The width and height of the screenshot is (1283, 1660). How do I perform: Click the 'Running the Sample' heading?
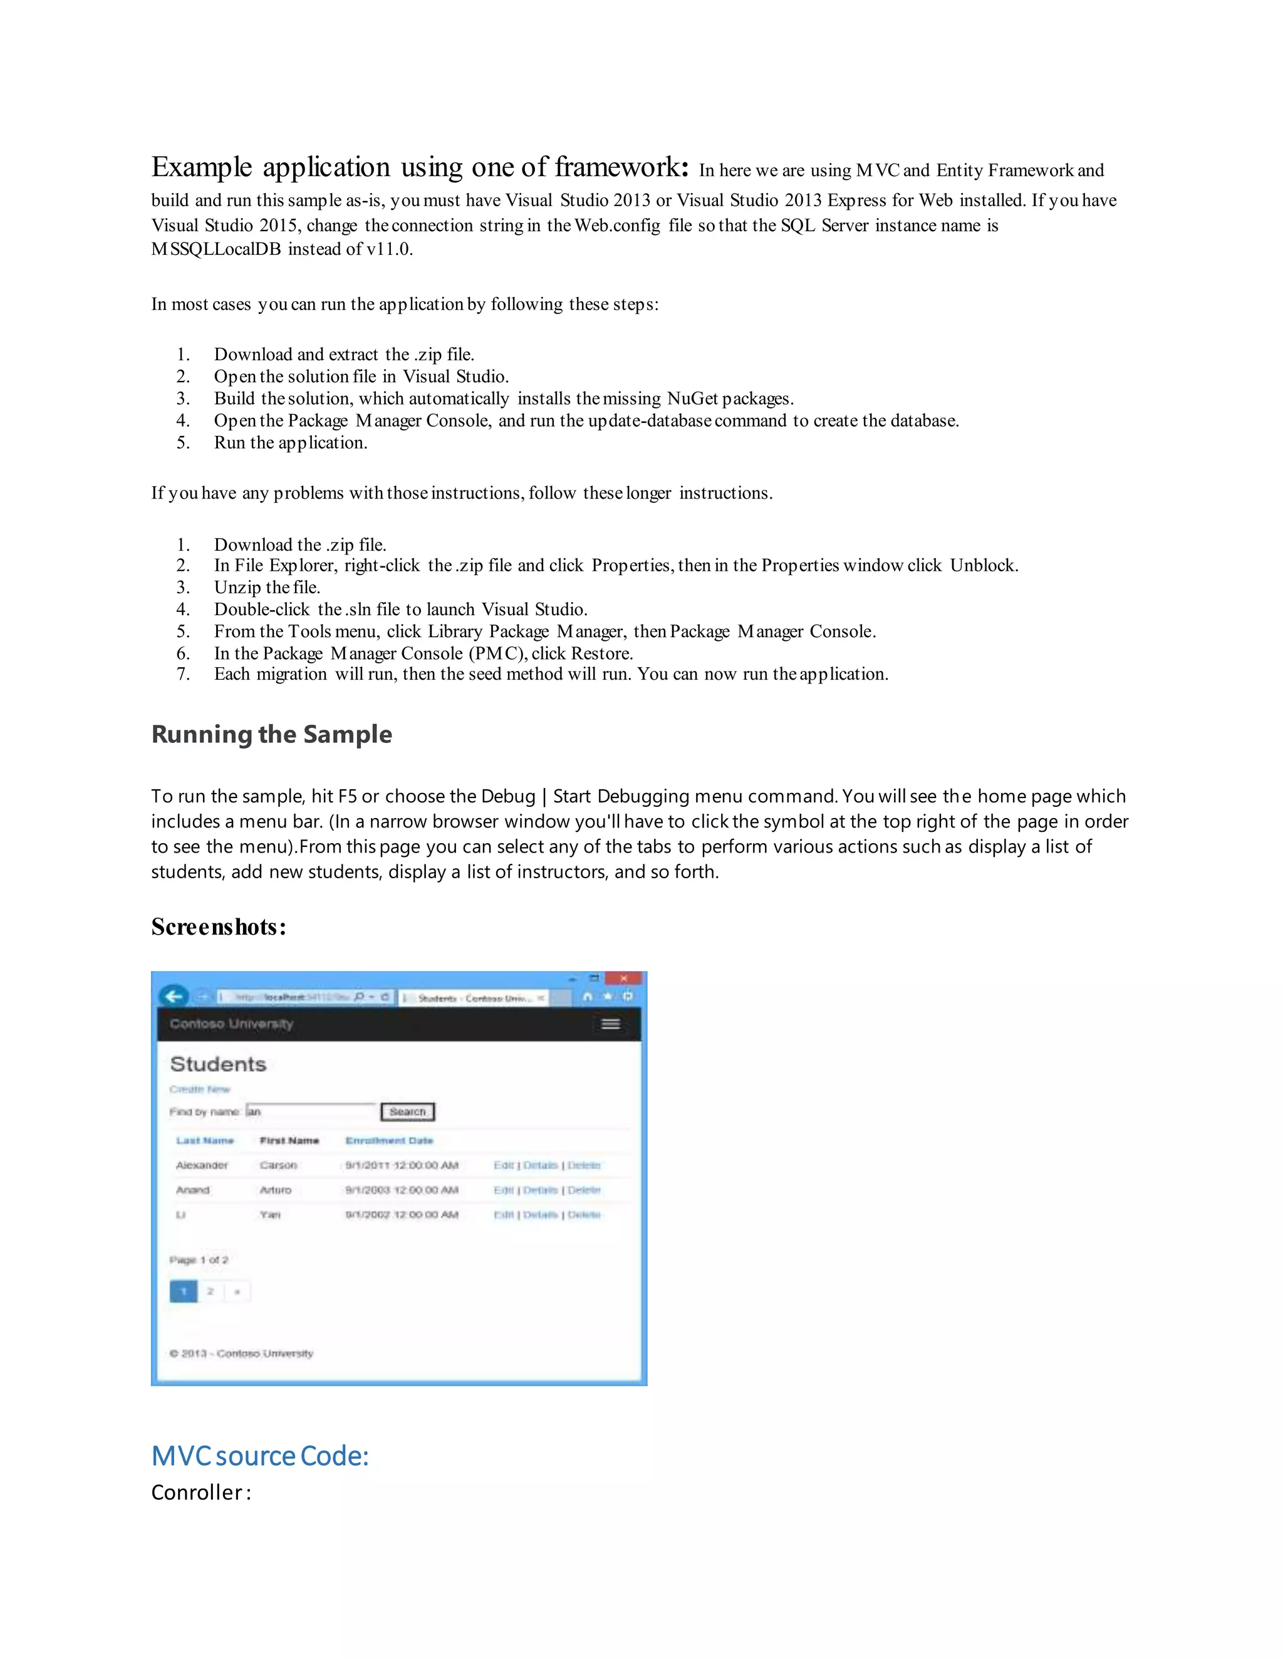pos(271,734)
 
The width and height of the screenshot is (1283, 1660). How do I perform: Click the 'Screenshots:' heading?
pos(218,926)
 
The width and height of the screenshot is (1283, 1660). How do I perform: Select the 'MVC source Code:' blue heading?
pos(260,1456)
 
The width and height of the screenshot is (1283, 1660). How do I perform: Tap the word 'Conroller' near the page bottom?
pos(197,1492)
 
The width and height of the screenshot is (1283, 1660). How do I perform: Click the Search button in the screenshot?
pos(407,1112)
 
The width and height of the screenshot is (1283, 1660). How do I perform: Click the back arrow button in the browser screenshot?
pos(174,997)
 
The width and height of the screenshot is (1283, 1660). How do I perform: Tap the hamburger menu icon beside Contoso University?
pos(610,1024)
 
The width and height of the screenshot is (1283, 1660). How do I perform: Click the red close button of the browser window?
pos(624,978)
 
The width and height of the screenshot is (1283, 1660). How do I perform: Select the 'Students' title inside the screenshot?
pos(218,1064)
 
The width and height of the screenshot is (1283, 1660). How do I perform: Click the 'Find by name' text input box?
pos(310,1111)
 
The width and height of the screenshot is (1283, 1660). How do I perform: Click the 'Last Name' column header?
pos(205,1140)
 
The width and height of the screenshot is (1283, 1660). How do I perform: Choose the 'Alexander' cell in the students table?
pos(202,1165)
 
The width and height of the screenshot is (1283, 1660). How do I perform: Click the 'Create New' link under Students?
pos(199,1089)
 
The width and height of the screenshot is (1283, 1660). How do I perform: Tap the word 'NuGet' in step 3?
pos(692,398)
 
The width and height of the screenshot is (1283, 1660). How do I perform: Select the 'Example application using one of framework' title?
pos(420,167)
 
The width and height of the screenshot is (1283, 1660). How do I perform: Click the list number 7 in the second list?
pos(182,674)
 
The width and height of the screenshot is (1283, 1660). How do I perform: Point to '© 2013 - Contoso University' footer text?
pos(241,1354)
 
